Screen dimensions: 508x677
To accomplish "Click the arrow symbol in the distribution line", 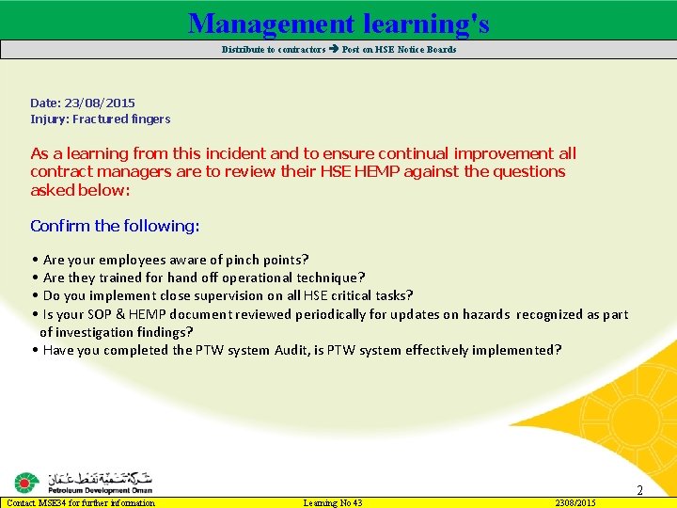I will [334, 50].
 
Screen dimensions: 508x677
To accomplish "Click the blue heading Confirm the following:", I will [115, 226].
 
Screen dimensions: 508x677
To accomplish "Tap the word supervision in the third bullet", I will [236, 295].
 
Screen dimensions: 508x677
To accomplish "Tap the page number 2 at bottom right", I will [639, 490].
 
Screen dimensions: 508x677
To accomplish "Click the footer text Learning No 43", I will [333, 503].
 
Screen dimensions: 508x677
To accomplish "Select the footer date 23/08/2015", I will [575, 503].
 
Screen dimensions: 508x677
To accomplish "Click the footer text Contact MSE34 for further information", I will [81, 503].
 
